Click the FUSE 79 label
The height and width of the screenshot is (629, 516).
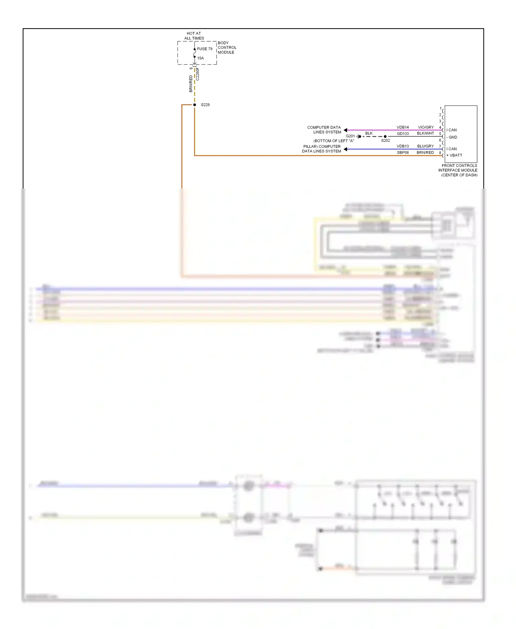205,49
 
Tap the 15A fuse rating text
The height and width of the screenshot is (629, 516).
201,58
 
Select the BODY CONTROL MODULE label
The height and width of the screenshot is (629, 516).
227,47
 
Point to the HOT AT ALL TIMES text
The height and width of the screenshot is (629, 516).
194,36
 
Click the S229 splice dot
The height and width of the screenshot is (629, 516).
194,105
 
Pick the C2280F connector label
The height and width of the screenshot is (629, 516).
197,74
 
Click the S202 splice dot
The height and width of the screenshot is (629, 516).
385,137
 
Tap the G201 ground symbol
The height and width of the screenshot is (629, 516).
358,137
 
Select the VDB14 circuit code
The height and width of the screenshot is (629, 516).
402,127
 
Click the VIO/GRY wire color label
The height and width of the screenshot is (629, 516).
426,127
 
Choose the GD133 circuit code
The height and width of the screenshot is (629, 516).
402,134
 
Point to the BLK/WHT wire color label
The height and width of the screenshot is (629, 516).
425,134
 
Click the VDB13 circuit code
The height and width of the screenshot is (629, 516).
402,146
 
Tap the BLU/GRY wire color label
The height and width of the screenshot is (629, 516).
425,146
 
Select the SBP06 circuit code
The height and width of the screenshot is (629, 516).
402,152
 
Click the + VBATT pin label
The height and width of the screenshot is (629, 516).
454,155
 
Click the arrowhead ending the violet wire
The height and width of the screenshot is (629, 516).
345,130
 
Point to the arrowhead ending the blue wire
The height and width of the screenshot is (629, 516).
345,149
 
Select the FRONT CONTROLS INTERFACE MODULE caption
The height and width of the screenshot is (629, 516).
458,170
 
